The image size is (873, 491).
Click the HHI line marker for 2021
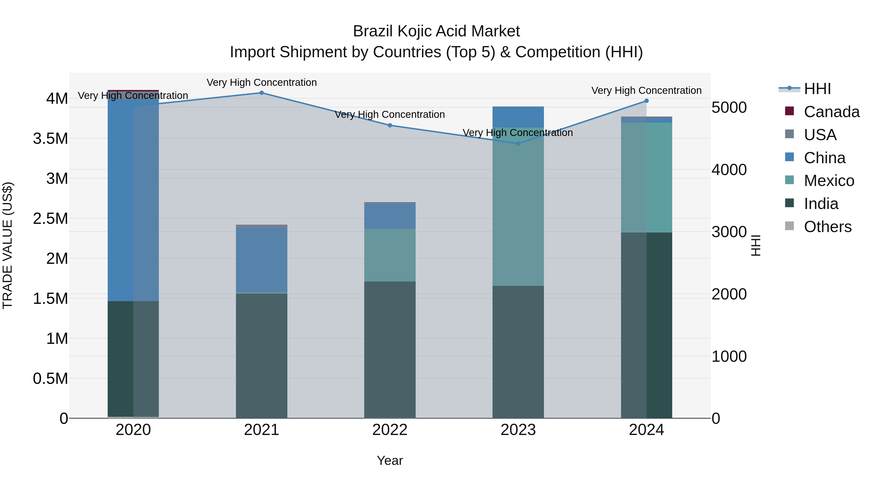click(261, 93)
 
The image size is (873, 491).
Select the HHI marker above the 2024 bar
click(646, 101)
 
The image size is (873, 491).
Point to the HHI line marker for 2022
click(390, 125)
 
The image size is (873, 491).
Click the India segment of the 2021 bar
click(261, 356)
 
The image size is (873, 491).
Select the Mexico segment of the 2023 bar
click(518, 207)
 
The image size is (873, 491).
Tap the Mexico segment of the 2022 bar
click(390, 255)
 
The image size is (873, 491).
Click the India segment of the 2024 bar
click(646, 325)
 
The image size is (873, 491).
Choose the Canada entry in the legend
click(831, 112)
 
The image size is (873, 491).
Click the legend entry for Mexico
click(829, 181)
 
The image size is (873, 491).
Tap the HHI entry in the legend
click(817, 89)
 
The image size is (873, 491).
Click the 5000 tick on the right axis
click(729, 107)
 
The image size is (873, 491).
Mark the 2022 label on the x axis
click(390, 430)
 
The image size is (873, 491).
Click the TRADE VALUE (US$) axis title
click(8, 245)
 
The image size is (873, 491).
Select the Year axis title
click(390, 460)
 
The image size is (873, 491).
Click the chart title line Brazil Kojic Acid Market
click(436, 31)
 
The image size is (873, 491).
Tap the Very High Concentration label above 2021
click(261, 82)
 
